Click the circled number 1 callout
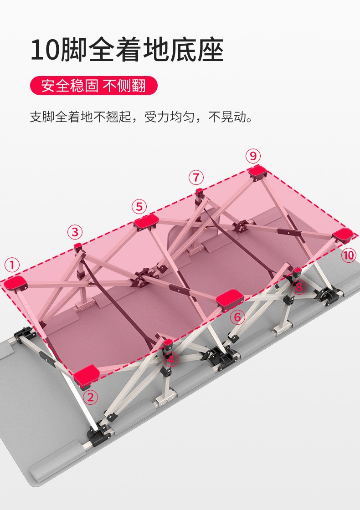click(12, 265)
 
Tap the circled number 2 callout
click(91, 397)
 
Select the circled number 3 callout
click(75, 232)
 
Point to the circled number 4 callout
click(171, 360)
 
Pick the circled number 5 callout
click(139, 207)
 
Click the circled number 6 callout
click(237, 316)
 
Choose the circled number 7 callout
click(196, 177)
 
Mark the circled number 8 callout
click(299, 287)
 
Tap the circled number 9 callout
click(253, 156)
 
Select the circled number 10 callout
click(349, 255)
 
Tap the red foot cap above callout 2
click(86, 374)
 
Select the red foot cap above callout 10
click(343, 235)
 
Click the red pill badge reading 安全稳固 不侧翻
click(94, 86)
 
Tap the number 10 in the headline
click(45, 50)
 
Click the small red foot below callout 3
click(77, 246)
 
